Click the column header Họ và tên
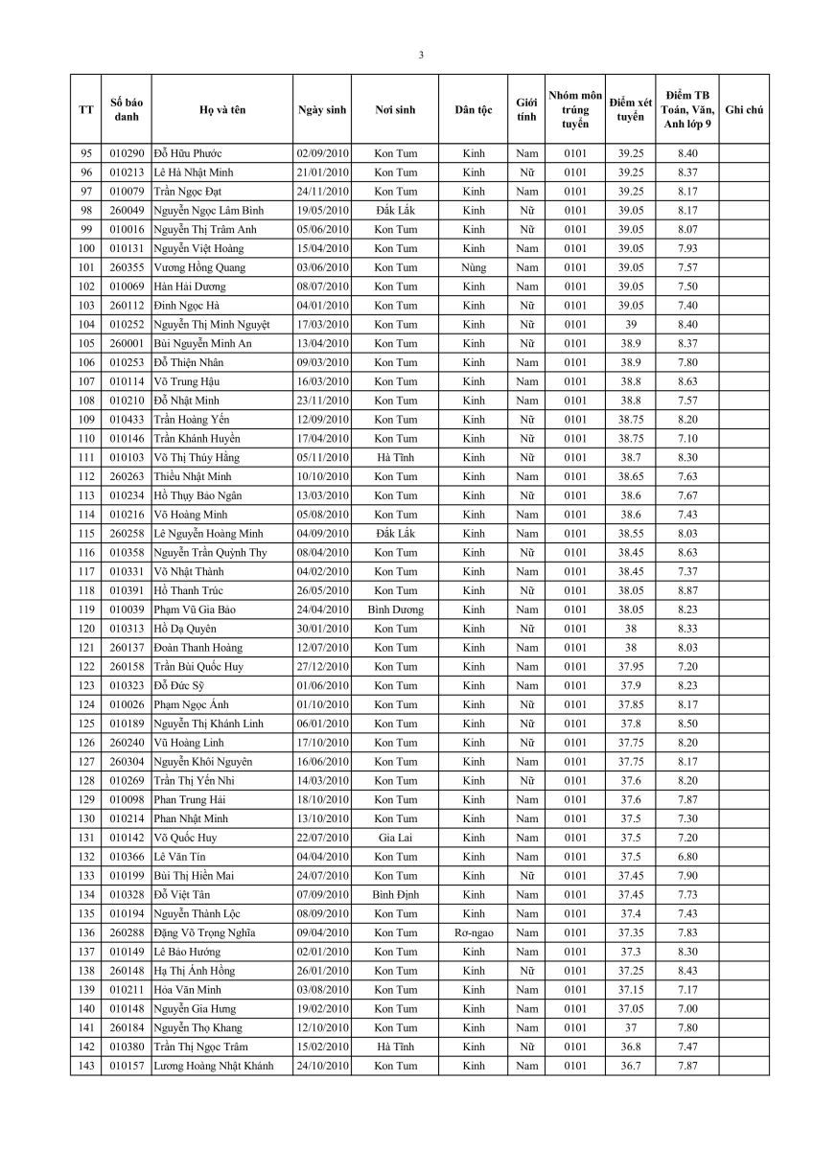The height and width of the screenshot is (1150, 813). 222,110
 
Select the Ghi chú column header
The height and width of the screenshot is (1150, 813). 744,110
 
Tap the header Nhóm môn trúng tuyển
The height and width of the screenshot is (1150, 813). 575,110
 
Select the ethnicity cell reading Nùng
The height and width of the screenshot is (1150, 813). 474,267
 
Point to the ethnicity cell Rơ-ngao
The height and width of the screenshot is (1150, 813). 474,932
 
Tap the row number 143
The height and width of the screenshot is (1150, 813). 86,1066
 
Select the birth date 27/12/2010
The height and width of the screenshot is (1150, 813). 322,666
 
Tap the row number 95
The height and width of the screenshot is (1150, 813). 86,153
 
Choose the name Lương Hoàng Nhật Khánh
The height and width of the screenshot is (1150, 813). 213,1066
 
